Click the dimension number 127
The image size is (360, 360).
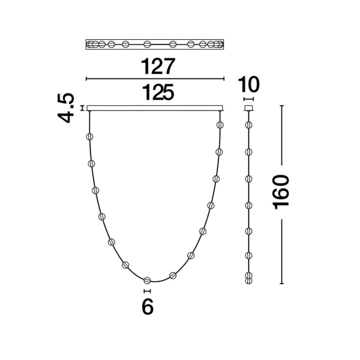tap(158, 66)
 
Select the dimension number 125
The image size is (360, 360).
tap(158, 92)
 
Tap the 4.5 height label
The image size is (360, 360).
tap(66, 108)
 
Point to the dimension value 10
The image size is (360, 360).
tap(249, 84)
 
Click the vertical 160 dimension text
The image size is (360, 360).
tap(281, 192)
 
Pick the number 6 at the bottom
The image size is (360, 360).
tap(147, 307)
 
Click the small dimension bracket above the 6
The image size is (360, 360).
tap(147, 291)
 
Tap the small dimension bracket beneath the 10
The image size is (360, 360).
tap(249, 99)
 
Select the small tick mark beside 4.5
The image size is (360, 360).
tap(82, 108)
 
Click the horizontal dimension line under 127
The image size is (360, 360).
tap(155, 79)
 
